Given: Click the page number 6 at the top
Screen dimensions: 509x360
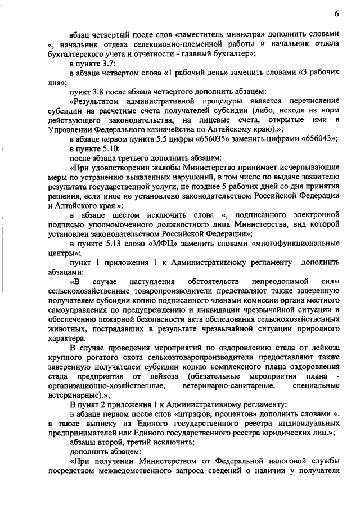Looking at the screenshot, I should coord(336,13).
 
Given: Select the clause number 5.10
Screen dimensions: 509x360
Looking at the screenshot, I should coord(112,147).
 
